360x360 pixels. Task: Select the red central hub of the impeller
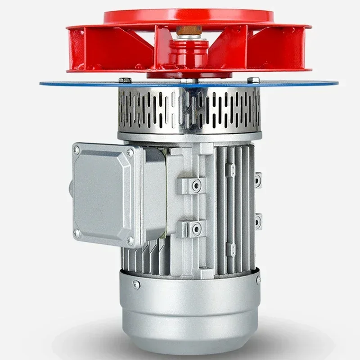tap(189, 54)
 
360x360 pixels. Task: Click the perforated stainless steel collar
tap(189, 110)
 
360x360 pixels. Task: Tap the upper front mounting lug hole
tap(196, 185)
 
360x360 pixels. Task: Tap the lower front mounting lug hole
tap(196, 228)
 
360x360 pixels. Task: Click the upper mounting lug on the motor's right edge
tap(258, 180)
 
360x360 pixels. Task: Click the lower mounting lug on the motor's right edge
tap(258, 221)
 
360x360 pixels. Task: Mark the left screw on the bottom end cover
tap(136, 284)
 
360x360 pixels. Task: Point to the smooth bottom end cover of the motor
tap(189, 310)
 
